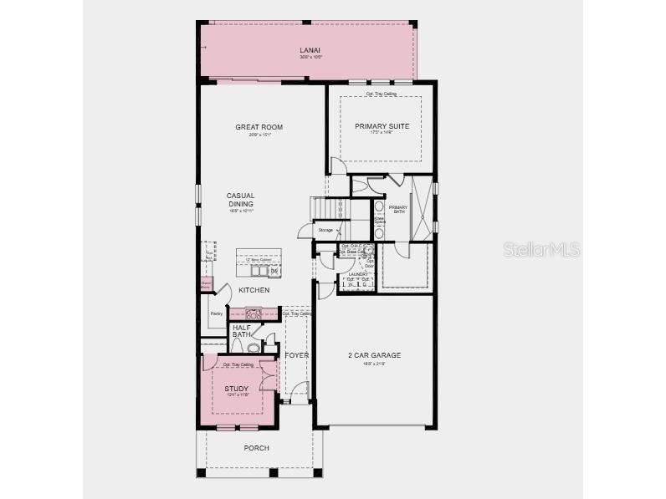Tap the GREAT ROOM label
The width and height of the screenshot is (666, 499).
(259, 128)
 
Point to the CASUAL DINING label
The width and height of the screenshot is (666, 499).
(240, 200)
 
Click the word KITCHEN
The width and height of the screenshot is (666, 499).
(254, 290)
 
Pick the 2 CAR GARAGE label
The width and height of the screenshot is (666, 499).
(374, 355)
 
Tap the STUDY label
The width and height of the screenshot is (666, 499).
(236, 389)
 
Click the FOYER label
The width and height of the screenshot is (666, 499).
(297, 355)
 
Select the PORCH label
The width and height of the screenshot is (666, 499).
(256, 448)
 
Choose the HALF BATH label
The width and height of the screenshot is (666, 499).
(243, 331)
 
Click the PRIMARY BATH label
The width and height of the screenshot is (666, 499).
(398, 209)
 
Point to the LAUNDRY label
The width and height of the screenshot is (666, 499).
(359, 274)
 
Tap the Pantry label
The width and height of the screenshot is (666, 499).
(216, 313)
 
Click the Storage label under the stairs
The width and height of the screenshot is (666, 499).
(325, 230)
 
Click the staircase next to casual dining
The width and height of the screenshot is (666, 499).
(329, 206)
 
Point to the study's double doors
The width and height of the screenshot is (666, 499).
(268, 378)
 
